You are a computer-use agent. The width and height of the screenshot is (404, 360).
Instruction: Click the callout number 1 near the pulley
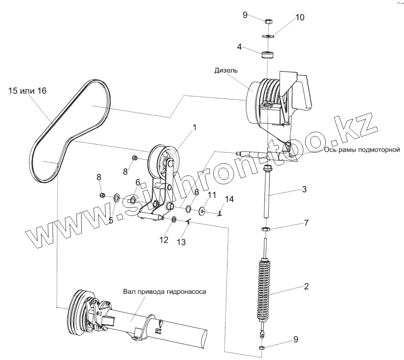tap(194, 128)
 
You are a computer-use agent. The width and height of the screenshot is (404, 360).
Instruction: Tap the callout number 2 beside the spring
tap(306, 286)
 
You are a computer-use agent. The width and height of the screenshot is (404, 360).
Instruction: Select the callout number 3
tap(304, 190)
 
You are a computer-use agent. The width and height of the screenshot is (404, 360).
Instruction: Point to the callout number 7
tap(306, 223)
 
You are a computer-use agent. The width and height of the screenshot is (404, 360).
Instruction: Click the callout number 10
tap(299, 18)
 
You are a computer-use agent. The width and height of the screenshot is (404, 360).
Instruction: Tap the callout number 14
tap(229, 198)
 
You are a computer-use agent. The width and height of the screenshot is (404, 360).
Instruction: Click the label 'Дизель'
tap(226, 71)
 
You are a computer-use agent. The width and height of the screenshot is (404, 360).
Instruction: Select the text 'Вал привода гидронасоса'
tap(164, 292)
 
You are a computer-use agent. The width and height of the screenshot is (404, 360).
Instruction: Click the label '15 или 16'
tap(27, 91)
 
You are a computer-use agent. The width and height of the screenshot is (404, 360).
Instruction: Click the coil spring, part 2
tap(264, 289)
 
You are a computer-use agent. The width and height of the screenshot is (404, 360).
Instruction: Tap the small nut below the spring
tap(262, 348)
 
